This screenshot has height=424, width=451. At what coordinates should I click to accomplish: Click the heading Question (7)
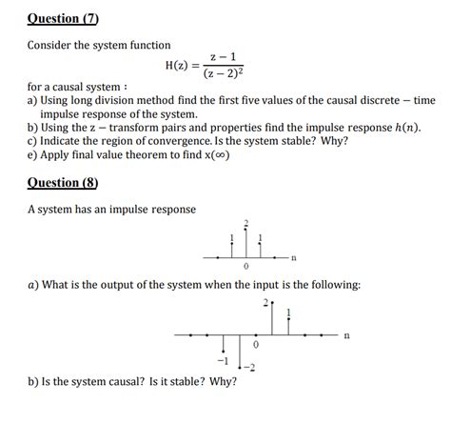pos(63,19)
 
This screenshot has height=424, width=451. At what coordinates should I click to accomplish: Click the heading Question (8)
pos(63,182)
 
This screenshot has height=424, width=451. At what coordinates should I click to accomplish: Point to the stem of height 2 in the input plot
pos(272,319)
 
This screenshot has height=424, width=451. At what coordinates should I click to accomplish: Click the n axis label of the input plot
pos(346,335)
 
